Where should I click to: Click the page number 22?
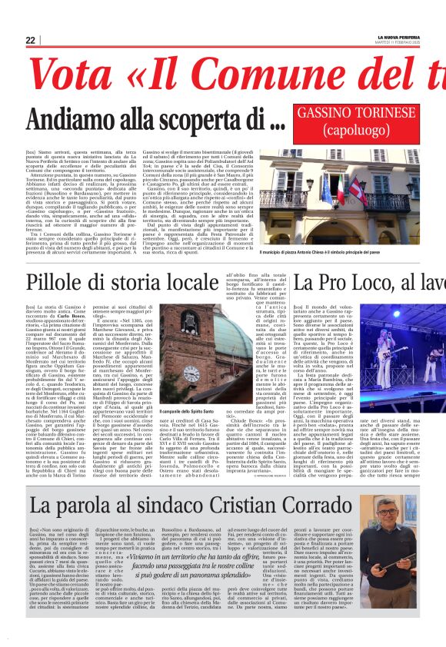coord(31,40)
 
